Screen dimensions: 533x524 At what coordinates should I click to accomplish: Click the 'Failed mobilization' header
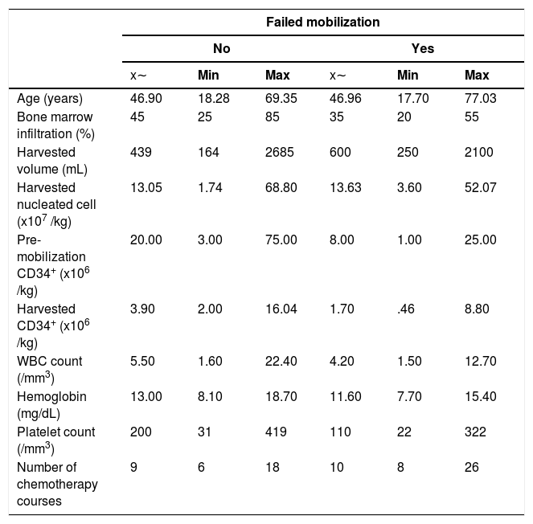(x=322, y=22)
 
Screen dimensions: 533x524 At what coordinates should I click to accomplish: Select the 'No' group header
(x=222, y=48)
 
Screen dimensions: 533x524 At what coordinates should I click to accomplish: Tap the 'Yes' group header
(x=423, y=48)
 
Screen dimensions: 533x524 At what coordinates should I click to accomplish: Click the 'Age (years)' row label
(x=50, y=99)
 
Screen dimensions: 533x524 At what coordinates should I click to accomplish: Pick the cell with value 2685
(x=280, y=152)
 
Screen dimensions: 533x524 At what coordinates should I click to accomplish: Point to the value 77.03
(x=480, y=98)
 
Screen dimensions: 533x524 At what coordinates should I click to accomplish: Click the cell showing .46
(x=406, y=309)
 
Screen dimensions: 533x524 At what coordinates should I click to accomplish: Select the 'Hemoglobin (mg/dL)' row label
(x=51, y=405)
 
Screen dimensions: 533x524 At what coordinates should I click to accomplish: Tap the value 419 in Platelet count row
(x=276, y=432)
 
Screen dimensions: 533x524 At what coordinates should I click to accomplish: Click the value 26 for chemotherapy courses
(x=471, y=467)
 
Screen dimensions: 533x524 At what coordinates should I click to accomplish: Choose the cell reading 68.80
(x=281, y=187)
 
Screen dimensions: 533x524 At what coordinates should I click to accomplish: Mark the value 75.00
(x=281, y=239)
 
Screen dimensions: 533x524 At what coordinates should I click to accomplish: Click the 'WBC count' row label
(x=50, y=370)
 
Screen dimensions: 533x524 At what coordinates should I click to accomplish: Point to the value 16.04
(x=281, y=309)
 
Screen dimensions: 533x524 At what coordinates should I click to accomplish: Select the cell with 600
(x=340, y=152)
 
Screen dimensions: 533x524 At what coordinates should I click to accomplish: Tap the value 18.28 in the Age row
(x=214, y=98)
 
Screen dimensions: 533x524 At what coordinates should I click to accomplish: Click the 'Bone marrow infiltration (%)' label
(x=55, y=125)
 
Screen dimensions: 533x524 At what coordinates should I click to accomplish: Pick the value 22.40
(x=281, y=361)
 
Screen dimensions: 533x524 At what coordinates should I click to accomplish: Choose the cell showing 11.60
(x=346, y=396)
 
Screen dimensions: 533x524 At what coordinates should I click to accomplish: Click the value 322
(x=475, y=432)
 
